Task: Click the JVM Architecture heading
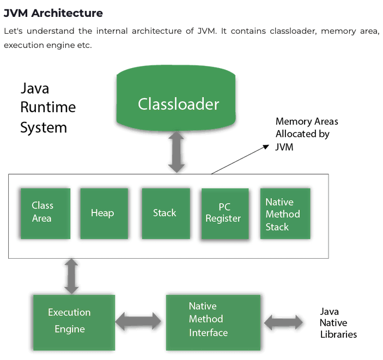[x=53, y=13]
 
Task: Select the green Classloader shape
[x=176, y=97]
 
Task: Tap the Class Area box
[x=45, y=213]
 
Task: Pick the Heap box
[x=104, y=213]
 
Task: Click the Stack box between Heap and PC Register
[x=166, y=213]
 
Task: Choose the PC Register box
[x=225, y=213]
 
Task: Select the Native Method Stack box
[x=285, y=213]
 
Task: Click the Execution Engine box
[x=74, y=322]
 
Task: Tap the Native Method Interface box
[x=213, y=322]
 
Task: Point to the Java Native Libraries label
[x=338, y=323]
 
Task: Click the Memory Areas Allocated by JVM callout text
[x=307, y=134]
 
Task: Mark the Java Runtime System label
[x=48, y=108]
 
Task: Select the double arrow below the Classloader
[x=177, y=152]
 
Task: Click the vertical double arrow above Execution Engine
[x=71, y=276]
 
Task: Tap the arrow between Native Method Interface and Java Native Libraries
[x=283, y=322]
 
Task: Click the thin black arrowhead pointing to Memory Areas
[x=266, y=147]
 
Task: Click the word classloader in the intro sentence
[x=293, y=31]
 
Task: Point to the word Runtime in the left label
[x=48, y=107]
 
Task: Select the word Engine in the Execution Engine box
[x=70, y=329]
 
